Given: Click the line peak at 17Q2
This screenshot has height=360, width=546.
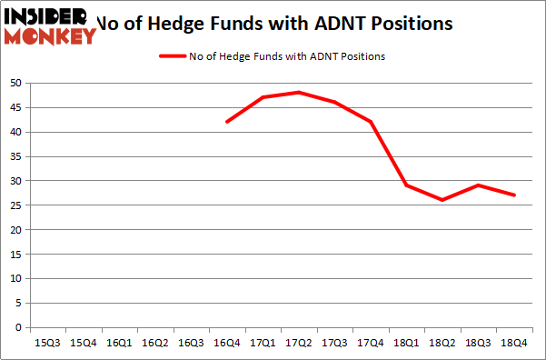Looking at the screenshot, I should [x=298, y=93].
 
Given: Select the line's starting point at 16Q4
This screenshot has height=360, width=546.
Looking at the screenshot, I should [x=226, y=122].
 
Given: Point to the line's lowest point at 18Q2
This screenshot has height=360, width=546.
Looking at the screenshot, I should [x=442, y=200].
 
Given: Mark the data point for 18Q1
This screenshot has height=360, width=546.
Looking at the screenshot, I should [x=406, y=185].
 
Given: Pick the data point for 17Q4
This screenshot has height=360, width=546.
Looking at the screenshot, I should [x=370, y=122].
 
